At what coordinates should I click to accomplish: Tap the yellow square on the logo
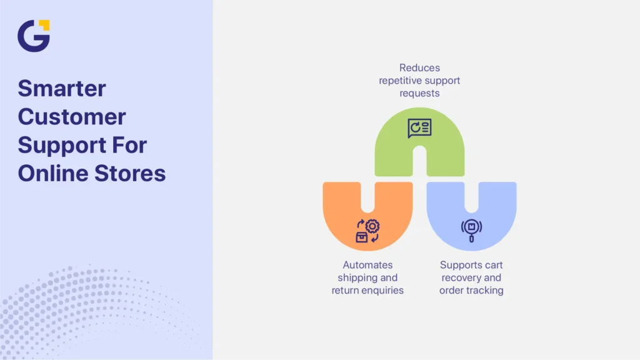pos(44,25)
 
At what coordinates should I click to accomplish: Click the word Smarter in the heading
pos(62,88)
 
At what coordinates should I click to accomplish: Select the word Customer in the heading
pos(72,117)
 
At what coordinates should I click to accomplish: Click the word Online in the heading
pos(52,173)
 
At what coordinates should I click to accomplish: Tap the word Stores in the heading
pos(130,173)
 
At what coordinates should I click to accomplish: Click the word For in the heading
pos(130,145)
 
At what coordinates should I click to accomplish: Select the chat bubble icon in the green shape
pos(419,128)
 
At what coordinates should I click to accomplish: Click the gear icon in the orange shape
pos(372,226)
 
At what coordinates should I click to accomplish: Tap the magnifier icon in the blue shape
pos(471,231)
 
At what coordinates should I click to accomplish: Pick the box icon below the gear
pos(362,237)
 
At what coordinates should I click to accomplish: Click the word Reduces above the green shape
pos(419,67)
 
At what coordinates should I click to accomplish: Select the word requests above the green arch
pos(419,94)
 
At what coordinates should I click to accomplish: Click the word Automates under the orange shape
pos(367,265)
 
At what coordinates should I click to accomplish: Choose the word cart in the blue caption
pos(494,265)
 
